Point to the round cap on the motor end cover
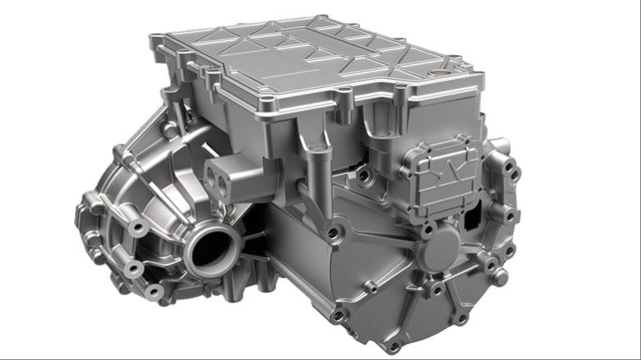tap(441, 244)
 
